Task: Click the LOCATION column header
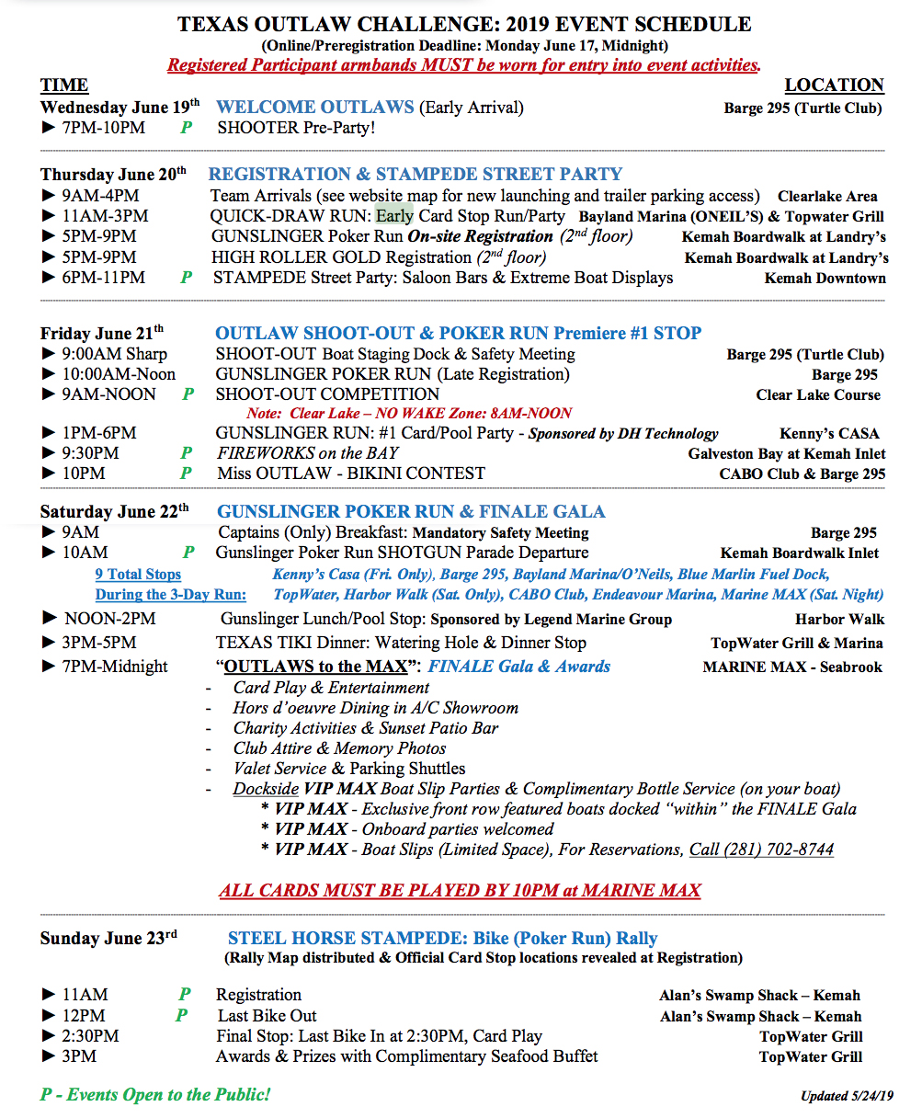[834, 86]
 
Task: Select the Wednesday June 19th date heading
[120, 108]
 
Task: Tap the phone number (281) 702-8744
[761, 850]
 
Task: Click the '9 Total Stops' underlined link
[138, 575]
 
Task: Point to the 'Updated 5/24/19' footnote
[847, 1096]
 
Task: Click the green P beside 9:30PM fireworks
[187, 453]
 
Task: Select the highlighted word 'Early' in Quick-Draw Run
[394, 216]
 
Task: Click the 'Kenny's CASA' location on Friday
[829, 433]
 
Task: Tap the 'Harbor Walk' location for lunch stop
[839, 620]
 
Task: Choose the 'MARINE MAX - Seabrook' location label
[791, 667]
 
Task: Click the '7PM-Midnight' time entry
[116, 667]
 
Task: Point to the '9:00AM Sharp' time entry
[115, 354]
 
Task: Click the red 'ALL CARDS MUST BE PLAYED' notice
[460, 890]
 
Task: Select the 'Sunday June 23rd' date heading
[108, 939]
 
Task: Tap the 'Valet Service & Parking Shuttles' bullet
[349, 769]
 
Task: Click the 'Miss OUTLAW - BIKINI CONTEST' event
[351, 473]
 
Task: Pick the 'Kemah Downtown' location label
[825, 279]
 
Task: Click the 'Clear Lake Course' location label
[818, 394]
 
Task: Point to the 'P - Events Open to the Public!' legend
[155, 1095]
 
